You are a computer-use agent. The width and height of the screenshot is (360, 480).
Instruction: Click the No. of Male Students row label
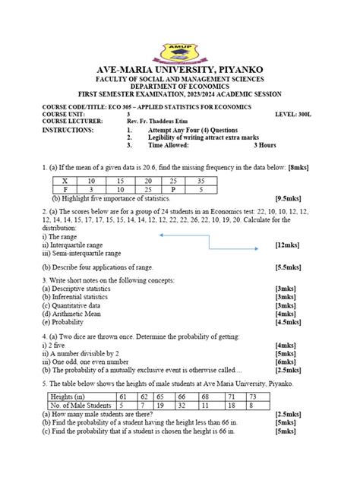coord(81,405)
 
